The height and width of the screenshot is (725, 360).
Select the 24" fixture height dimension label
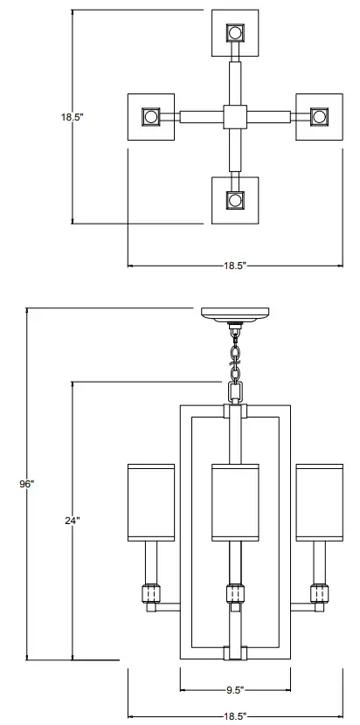72,521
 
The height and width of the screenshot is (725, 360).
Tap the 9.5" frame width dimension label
234,690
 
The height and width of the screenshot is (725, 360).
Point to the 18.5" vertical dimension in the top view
72,116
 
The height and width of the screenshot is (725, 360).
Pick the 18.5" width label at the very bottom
233,716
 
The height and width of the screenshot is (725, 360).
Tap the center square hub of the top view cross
235,116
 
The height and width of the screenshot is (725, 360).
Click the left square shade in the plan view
152,116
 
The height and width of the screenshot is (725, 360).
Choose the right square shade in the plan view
318,116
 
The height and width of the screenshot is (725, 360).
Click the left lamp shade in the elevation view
151,501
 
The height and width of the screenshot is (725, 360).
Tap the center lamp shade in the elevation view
234,501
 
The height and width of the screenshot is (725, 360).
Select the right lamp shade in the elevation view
317,501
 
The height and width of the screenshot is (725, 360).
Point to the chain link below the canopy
234,355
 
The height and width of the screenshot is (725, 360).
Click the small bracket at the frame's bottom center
234,652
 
